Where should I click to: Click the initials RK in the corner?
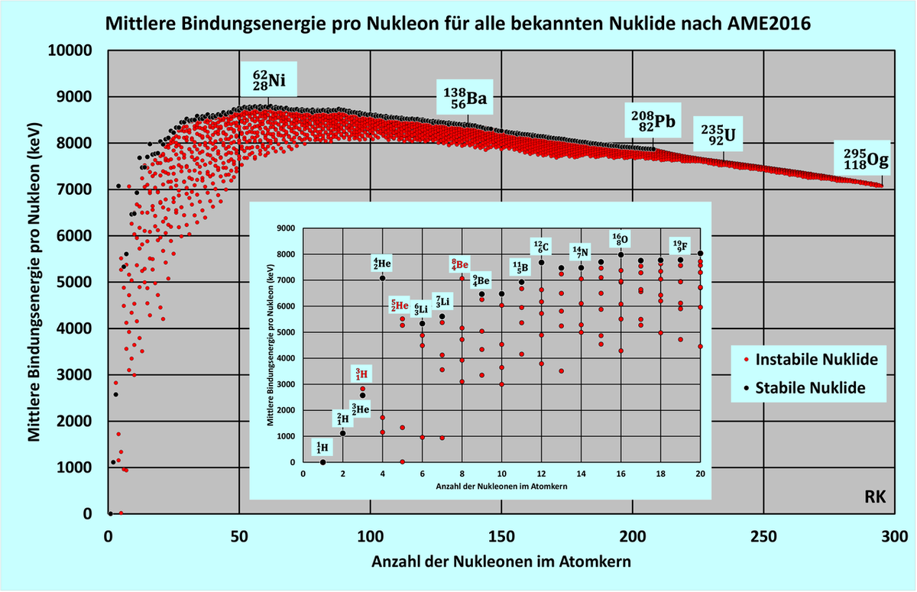pyautogui.click(x=875, y=497)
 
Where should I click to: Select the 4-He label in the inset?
pyautogui.click(x=382, y=264)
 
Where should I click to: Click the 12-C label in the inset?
pyautogui.click(x=541, y=246)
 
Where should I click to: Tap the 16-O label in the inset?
pyautogui.click(x=620, y=238)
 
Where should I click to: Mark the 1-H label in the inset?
pyautogui.click(x=322, y=448)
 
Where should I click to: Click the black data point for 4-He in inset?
pyautogui.click(x=382, y=278)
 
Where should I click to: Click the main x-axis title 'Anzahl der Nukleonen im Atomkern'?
pyautogui.click(x=501, y=562)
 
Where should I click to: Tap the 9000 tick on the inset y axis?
pyautogui.click(x=284, y=228)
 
